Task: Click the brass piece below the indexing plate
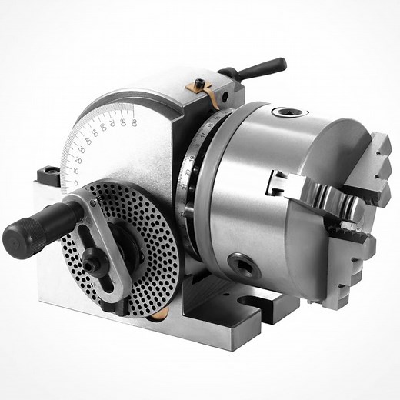tap(155, 316)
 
